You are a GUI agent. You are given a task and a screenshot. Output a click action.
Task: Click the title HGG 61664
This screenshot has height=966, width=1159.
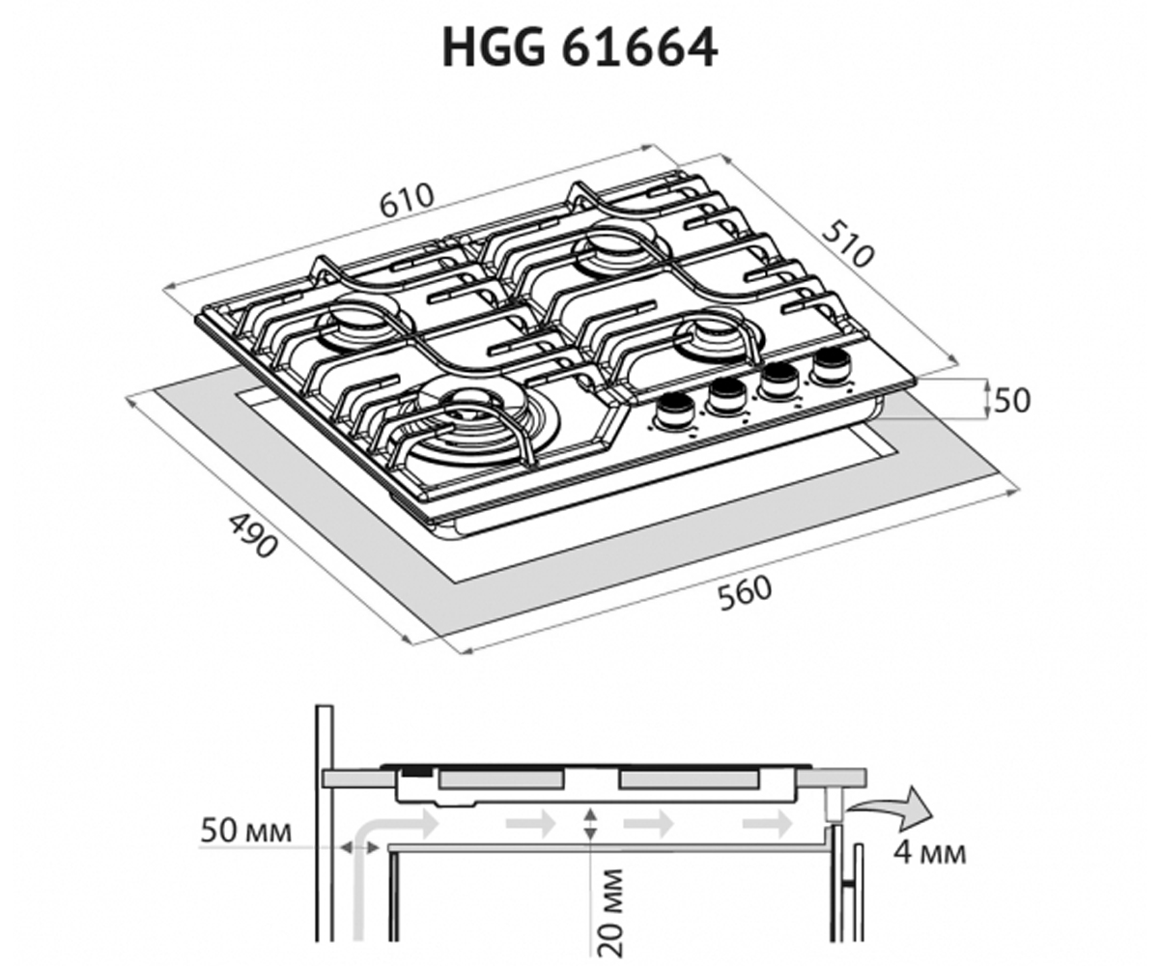pyautogui.click(x=579, y=48)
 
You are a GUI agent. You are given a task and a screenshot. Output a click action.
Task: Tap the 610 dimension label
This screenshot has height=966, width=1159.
pyautogui.click(x=406, y=200)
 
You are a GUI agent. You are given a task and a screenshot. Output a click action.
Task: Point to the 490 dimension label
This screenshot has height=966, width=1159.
pyautogui.click(x=253, y=536)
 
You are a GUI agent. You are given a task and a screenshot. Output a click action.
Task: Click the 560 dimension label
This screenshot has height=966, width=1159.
pyautogui.click(x=745, y=593)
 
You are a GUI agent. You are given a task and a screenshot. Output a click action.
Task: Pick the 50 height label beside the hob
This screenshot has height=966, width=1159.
pyautogui.click(x=1012, y=400)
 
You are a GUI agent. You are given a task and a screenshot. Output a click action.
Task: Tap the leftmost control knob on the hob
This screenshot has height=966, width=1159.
pyautogui.click(x=672, y=412)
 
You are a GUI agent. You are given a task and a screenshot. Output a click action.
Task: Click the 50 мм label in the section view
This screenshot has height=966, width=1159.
pyautogui.click(x=245, y=831)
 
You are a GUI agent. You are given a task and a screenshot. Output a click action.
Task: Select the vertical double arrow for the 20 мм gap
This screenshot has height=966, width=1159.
pyautogui.click(x=590, y=824)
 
